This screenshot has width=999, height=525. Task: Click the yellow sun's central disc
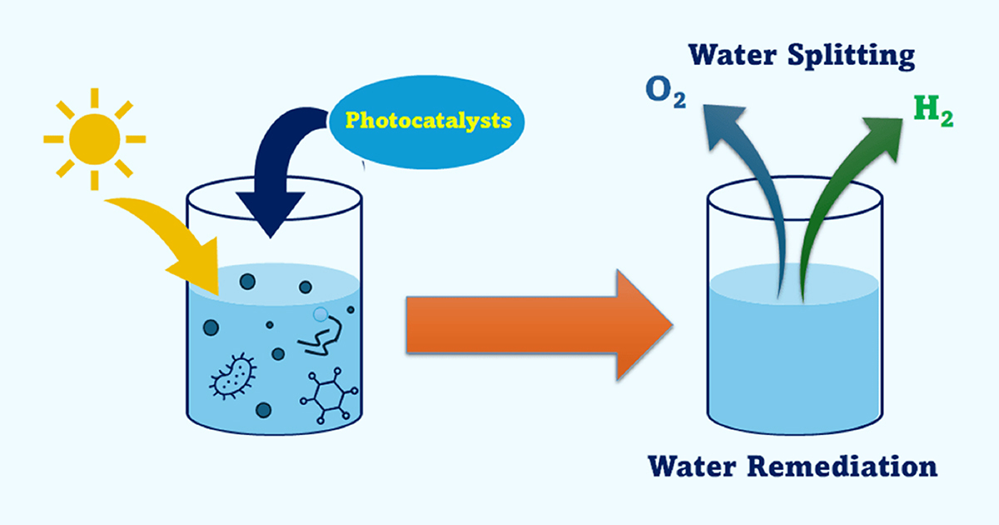pos(94,138)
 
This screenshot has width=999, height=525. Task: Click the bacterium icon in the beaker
pos(233,374)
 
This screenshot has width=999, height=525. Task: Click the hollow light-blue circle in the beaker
pos(321,314)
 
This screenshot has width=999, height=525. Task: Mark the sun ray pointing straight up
pos(94,97)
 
